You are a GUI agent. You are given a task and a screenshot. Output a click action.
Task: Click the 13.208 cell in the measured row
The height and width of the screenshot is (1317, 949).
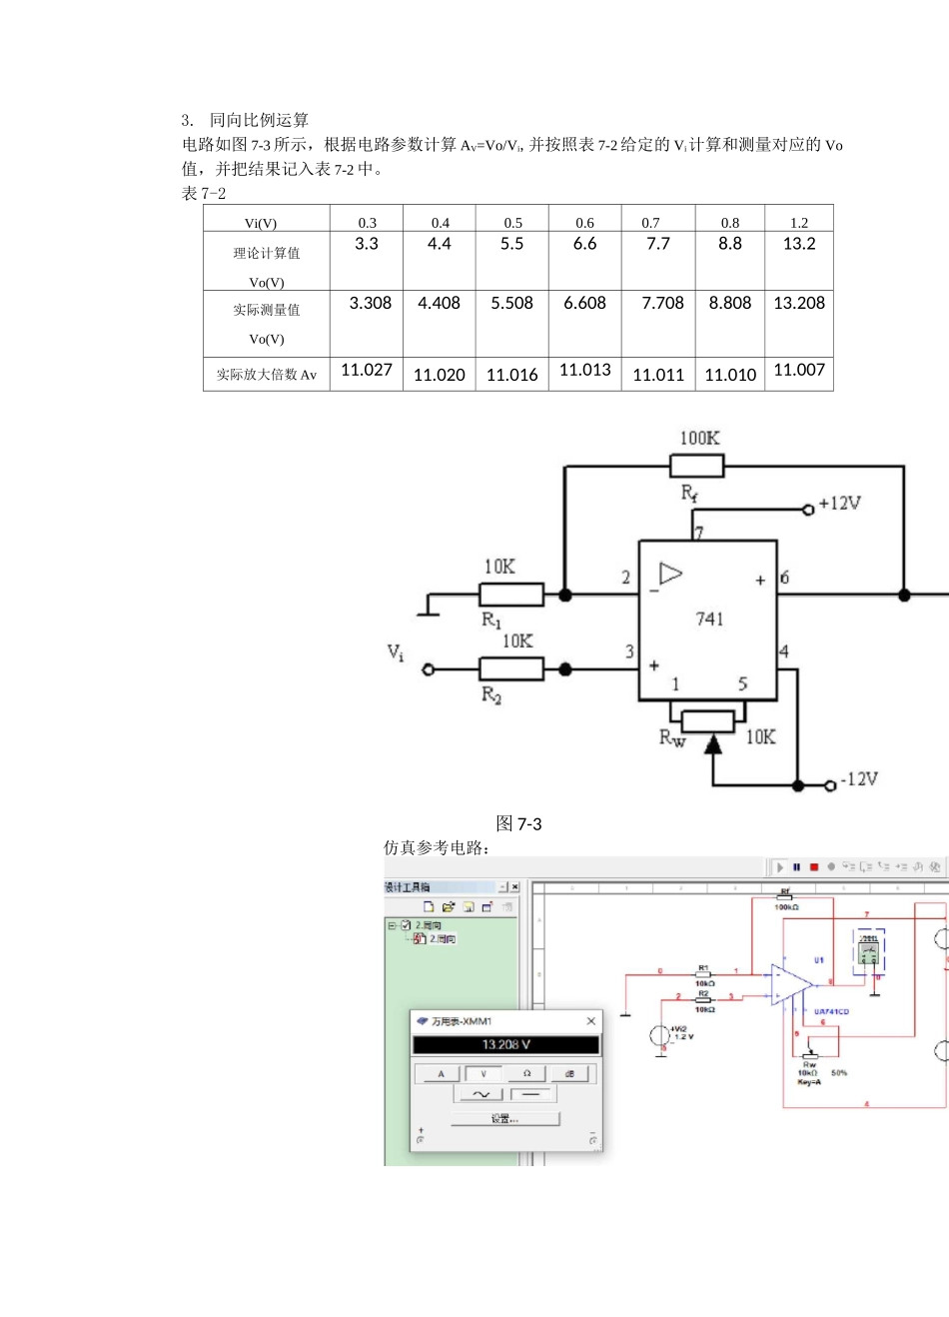[799, 303]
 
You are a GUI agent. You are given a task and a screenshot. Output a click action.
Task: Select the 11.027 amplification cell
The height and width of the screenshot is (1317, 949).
[367, 370]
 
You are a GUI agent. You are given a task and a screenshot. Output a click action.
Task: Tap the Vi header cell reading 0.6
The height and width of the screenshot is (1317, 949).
[584, 223]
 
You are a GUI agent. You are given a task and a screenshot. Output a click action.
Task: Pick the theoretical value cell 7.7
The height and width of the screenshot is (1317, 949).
[657, 244]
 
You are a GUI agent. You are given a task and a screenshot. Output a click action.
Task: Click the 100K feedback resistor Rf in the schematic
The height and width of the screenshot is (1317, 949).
[696, 466]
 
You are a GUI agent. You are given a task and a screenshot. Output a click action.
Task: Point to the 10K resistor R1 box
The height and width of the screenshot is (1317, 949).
[511, 595]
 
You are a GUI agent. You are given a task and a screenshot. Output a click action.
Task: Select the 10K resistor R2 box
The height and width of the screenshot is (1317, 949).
[511, 668]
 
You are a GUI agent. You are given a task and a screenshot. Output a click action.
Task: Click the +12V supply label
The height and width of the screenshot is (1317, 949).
[839, 504]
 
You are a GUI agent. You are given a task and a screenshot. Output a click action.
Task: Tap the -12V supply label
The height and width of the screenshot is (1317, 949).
[859, 779]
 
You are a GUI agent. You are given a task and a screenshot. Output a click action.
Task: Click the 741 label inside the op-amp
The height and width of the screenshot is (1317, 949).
[709, 620]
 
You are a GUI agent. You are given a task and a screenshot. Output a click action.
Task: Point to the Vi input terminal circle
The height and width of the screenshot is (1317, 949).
[429, 669]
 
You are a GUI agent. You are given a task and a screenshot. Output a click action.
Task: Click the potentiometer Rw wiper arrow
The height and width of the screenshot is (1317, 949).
[712, 745]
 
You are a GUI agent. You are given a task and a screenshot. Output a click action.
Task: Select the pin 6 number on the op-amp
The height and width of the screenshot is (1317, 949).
[785, 578]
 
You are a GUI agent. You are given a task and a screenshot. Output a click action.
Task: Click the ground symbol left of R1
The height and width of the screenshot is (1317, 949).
[429, 609]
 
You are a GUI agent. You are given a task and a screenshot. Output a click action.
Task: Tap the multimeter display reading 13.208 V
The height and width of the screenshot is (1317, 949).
[505, 1045]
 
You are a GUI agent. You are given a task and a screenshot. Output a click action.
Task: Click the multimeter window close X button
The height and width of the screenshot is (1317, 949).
[590, 1021]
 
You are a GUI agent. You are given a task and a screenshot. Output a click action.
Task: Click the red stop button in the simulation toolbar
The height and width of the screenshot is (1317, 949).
[814, 867]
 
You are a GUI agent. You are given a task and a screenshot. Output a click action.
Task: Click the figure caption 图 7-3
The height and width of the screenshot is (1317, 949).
[518, 824]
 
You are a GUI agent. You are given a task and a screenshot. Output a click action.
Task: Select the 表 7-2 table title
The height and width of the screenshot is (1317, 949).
[204, 194]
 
